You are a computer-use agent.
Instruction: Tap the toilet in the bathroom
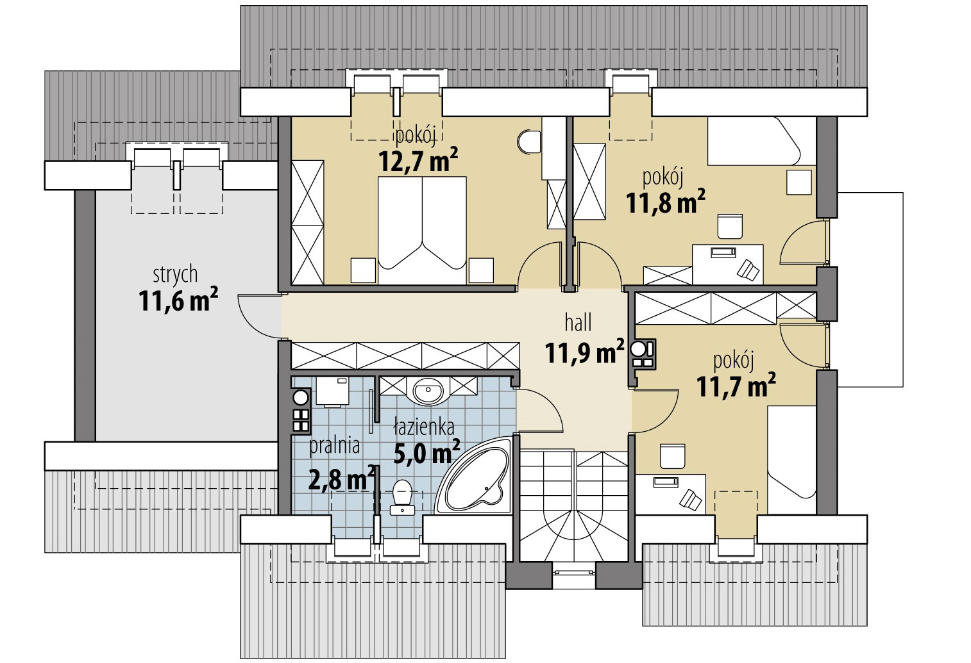[x=402, y=497]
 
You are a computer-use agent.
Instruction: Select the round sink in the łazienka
[x=428, y=391]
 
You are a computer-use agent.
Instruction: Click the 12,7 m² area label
[x=418, y=160]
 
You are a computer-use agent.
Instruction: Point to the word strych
[x=175, y=275]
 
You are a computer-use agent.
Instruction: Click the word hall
[x=578, y=323]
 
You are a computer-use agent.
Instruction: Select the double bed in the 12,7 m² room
[x=422, y=230]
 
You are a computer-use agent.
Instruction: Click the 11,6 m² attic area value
[x=178, y=300]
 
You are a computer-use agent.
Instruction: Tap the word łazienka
[x=424, y=427]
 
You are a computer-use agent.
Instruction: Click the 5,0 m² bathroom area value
[x=426, y=452]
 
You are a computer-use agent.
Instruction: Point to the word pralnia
[x=334, y=446]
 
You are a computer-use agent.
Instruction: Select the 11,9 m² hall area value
[x=584, y=352]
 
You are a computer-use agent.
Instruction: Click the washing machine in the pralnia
[x=332, y=391]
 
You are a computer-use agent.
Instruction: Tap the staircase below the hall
[x=573, y=507]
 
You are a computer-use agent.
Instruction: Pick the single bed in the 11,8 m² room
[x=762, y=141]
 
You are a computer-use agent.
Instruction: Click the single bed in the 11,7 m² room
[x=791, y=460]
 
